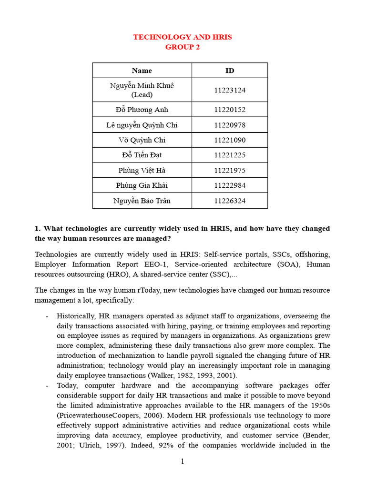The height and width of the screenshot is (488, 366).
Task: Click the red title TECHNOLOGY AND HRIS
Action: pyautogui.click(x=182, y=37)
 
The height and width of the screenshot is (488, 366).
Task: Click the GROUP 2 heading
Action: pyautogui.click(x=182, y=47)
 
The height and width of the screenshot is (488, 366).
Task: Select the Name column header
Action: pyautogui.click(x=142, y=71)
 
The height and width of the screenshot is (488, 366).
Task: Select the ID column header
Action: pyautogui.click(x=230, y=71)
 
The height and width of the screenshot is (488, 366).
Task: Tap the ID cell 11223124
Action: pyautogui.click(x=230, y=90)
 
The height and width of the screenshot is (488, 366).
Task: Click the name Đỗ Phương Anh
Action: pyautogui.click(x=142, y=110)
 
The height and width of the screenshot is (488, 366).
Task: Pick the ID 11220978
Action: pyautogui.click(x=230, y=125)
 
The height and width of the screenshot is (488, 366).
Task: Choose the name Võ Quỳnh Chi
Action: pyautogui.click(x=142, y=140)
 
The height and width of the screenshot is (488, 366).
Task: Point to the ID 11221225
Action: pyautogui.click(x=230, y=155)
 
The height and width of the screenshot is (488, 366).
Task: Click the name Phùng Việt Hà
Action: pyautogui.click(x=142, y=170)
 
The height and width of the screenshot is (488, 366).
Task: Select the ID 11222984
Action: pyautogui.click(x=230, y=185)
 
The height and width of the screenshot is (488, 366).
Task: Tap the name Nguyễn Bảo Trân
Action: pyautogui.click(x=142, y=201)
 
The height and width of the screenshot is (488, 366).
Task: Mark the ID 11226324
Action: pyautogui.click(x=230, y=201)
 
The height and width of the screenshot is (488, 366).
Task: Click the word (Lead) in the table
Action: pyautogui.click(x=142, y=95)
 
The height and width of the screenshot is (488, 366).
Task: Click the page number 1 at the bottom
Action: pyautogui.click(x=183, y=461)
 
